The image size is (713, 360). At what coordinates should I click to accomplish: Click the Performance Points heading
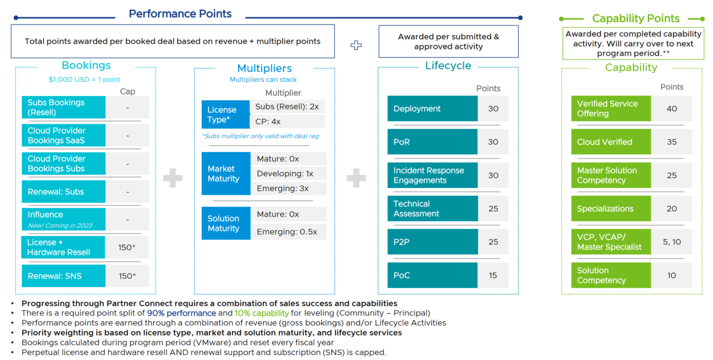tap(180, 14)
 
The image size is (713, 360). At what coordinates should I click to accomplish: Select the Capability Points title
tap(636, 18)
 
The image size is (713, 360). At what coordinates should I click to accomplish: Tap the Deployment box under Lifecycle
tap(432, 108)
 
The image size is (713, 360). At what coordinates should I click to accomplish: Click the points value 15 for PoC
tap(492, 275)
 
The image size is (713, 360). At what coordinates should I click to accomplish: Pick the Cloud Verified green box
tap(611, 142)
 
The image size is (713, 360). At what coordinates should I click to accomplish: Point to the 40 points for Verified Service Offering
tap(671, 108)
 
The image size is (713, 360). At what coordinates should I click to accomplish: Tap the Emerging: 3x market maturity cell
tap(289, 188)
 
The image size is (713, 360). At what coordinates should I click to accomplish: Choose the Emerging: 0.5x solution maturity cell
tap(289, 232)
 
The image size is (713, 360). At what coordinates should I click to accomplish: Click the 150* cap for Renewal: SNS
tap(127, 276)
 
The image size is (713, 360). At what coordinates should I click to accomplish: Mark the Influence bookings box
tap(63, 219)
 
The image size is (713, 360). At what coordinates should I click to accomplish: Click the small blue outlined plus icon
tap(356, 45)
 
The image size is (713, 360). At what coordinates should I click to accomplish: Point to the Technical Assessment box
tap(432, 208)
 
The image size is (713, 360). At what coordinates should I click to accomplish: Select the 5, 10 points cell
tap(671, 242)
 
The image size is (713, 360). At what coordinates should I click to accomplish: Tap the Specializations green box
tap(611, 209)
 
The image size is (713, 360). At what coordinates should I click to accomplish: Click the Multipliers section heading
tap(264, 68)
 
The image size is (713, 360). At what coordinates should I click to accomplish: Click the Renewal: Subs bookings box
tap(63, 192)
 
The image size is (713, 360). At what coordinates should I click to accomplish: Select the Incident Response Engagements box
tap(432, 175)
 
